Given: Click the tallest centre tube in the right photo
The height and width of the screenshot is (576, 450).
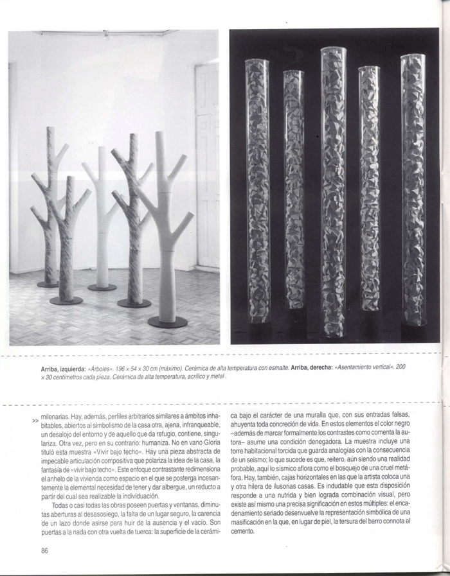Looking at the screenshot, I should [333, 193].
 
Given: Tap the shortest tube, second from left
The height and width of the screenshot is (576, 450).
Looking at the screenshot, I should [294, 193].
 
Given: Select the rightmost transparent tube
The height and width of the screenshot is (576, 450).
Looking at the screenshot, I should [413, 193].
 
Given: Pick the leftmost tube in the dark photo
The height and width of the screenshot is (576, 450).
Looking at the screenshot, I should [257, 193].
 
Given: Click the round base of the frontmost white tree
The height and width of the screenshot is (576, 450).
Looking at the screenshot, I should [167, 321].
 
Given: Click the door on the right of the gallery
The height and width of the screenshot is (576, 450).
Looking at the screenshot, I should [208, 167].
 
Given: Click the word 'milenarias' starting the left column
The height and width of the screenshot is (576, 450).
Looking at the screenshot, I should [57, 416].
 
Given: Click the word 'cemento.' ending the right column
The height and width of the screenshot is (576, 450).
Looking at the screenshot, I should [244, 532].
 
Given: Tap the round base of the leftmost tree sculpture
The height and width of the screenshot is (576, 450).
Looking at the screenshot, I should [48, 284].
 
